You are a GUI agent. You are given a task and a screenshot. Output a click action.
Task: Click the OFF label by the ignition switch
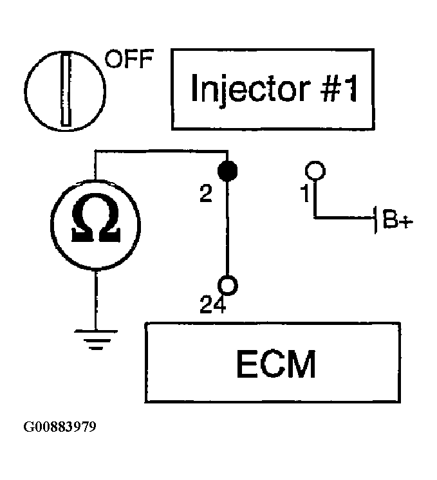[x=129, y=59]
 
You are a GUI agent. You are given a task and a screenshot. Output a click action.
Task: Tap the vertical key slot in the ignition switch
[x=66, y=89]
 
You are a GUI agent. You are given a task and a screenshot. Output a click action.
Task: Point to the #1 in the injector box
[x=339, y=88]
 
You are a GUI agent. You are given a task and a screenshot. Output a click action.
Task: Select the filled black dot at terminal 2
[x=228, y=171]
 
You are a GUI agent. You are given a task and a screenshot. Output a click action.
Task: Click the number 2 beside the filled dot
[x=206, y=194]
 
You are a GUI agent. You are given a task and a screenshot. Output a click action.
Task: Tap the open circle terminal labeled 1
[x=315, y=171]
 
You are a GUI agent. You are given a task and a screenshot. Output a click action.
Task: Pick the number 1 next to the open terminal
[x=305, y=194]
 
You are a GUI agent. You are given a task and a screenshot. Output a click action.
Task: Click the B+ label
[x=398, y=219]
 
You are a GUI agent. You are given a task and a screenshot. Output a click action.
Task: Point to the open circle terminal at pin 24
[x=228, y=285]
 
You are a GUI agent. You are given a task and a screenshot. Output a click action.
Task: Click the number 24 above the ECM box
[x=213, y=304]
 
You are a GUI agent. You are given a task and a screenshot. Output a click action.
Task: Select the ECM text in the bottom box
[x=276, y=364]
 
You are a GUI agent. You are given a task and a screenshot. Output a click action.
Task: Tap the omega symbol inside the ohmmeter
[x=96, y=217]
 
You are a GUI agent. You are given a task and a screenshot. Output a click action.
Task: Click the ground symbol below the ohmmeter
[x=96, y=340]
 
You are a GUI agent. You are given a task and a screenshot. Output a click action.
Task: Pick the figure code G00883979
[x=60, y=427]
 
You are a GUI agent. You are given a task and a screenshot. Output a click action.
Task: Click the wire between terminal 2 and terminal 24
[x=227, y=228]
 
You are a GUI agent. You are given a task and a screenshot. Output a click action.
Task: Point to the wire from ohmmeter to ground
[x=96, y=300]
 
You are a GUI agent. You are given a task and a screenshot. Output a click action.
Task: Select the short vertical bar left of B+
[x=375, y=220]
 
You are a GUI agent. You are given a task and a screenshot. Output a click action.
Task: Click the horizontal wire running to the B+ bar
[x=344, y=217]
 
